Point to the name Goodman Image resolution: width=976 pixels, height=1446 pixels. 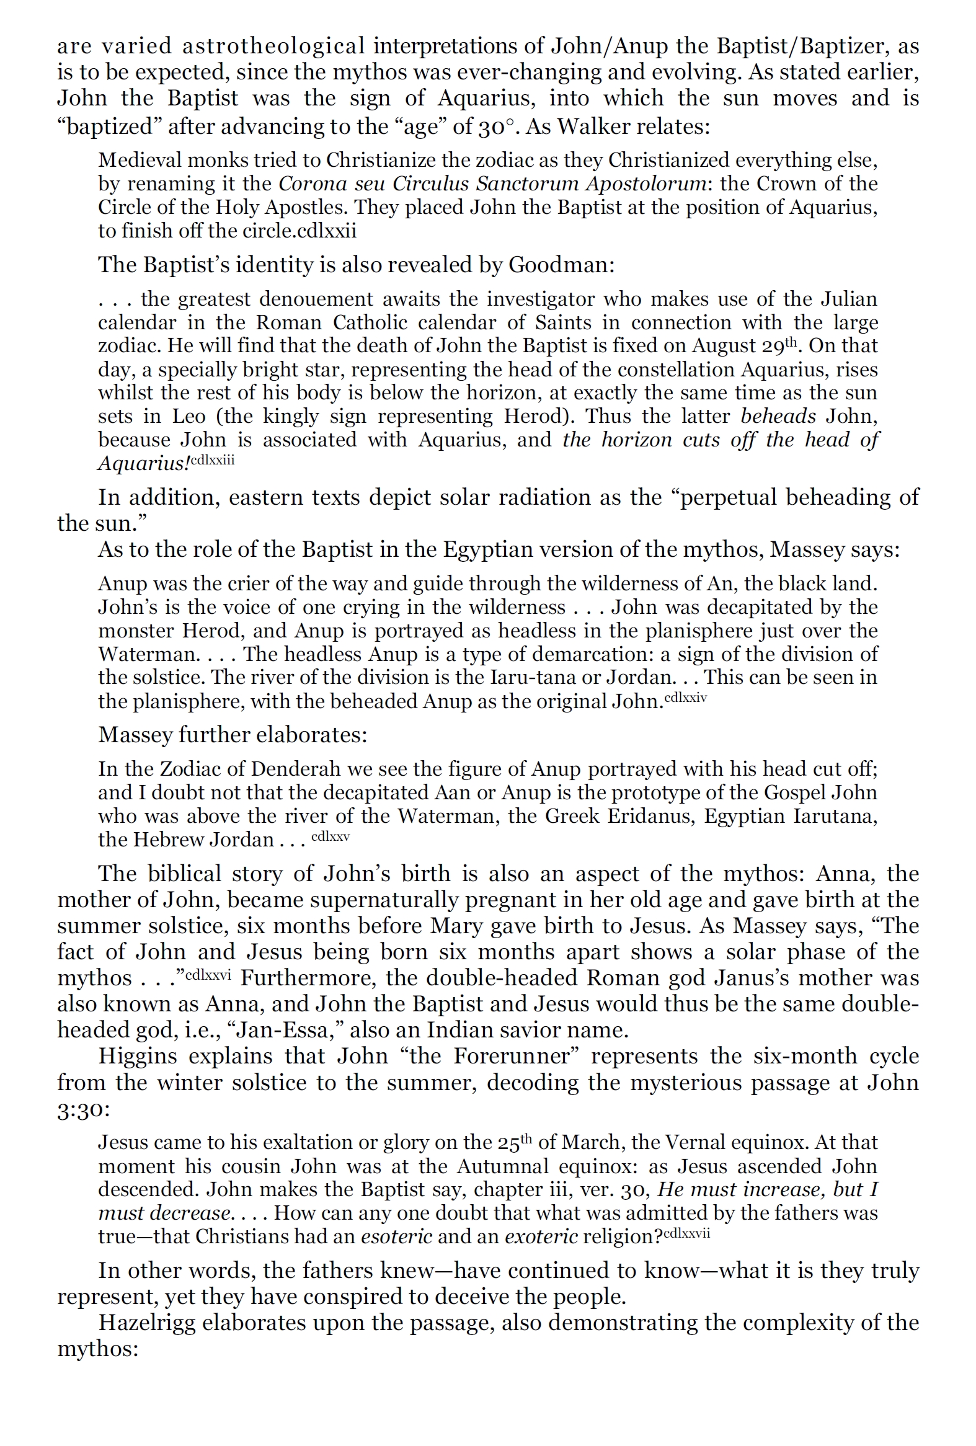click(561, 265)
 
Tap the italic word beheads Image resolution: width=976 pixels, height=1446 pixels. click(778, 416)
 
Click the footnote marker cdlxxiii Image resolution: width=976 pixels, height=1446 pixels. click(212, 461)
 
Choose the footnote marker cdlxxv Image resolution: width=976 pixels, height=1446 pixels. click(331, 837)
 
